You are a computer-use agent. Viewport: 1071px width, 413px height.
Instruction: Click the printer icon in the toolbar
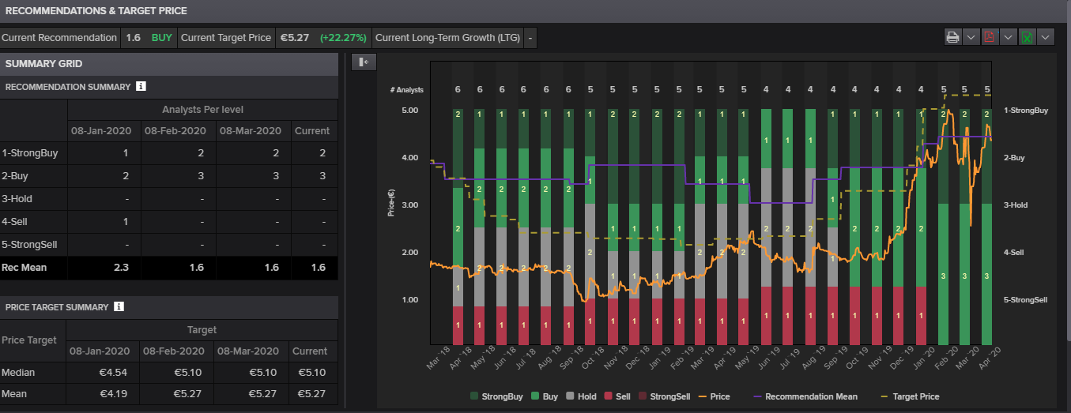pos(953,37)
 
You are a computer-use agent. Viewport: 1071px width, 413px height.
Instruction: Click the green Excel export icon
pos(1027,37)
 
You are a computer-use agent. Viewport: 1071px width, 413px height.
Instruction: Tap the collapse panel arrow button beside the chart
pos(364,62)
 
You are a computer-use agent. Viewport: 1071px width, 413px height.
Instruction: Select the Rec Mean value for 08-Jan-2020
pos(120,268)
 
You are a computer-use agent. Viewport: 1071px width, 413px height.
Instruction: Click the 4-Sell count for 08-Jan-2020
pos(125,222)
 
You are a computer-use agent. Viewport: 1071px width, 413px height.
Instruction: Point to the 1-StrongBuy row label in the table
pos(30,153)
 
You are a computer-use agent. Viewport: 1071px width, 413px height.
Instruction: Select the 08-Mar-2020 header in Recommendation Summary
pos(250,130)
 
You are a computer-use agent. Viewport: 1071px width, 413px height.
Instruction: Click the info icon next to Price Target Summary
pos(119,306)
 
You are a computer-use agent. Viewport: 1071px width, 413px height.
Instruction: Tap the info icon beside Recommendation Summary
pos(141,86)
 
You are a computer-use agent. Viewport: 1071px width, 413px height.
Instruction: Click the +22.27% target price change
pos(344,37)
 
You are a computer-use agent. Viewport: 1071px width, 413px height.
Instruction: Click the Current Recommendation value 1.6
pos(133,37)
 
